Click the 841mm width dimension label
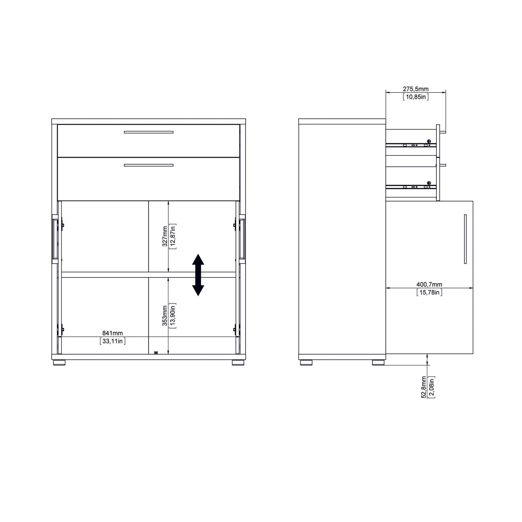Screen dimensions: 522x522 pyautogui.click(x=112, y=333)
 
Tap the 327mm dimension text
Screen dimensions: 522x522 pyautogui.click(x=165, y=236)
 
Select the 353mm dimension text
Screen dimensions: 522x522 pyautogui.click(x=165, y=316)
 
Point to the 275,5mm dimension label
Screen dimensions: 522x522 pyautogui.click(x=415, y=89)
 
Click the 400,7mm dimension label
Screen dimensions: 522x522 pyautogui.click(x=429, y=285)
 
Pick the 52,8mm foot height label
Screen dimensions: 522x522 pyautogui.click(x=423, y=387)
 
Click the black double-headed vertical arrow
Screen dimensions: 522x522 pyautogui.click(x=198, y=275)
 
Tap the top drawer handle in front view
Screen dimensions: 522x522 pyautogui.click(x=148, y=132)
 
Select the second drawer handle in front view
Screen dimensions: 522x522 pyautogui.click(x=148, y=165)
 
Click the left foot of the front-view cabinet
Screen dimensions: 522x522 pyautogui.click(x=59, y=362)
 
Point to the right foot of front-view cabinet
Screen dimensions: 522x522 pyautogui.click(x=238, y=362)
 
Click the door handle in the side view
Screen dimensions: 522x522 pyautogui.click(x=465, y=239)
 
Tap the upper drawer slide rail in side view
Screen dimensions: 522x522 pyautogui.click(x=411, y=145)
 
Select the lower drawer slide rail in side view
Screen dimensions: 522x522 pyautogui.click(x=411, y=187)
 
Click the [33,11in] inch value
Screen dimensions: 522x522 pyautogui.click(x=112, y=341)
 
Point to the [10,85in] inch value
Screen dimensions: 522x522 pyautogui.click(x=415, y=97)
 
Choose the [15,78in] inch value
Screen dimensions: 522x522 pyautogui.click(x=429, y=292)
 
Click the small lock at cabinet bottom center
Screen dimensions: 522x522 pyautogui.click(x=156, y=353)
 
